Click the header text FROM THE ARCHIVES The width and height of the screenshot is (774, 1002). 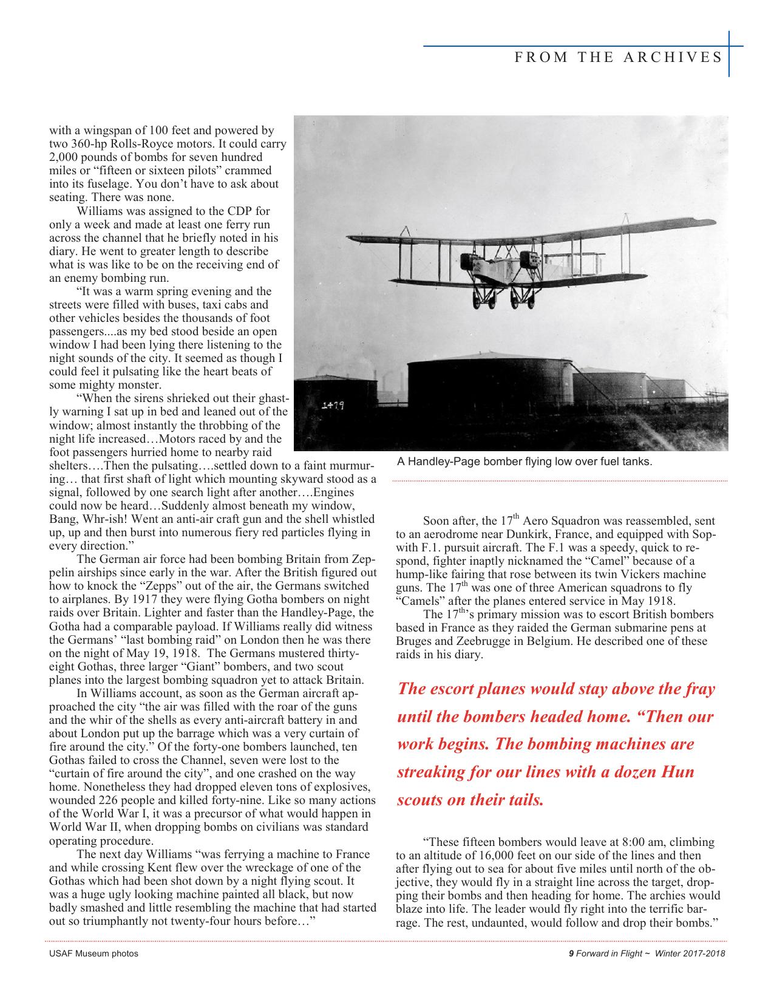[x=618, y=57]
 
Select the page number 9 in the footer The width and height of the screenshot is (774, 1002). [x=571, y=953]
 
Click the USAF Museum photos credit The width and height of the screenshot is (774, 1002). [x=93, y=953]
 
